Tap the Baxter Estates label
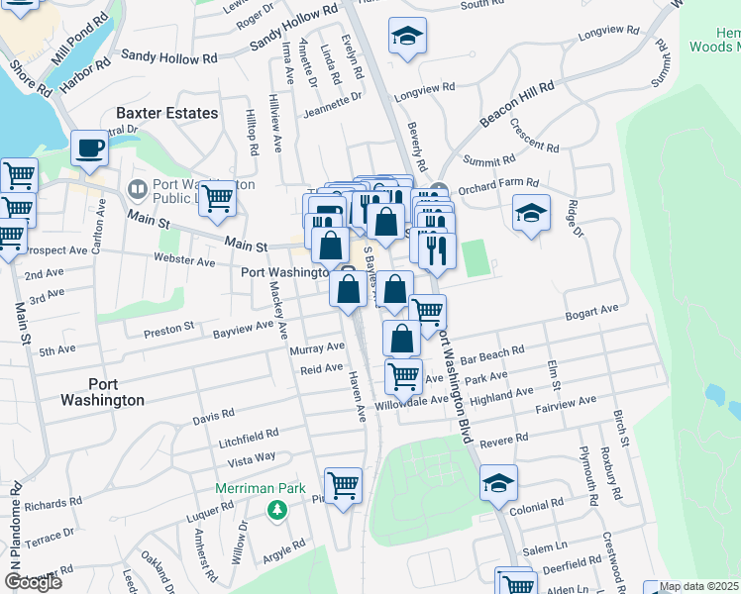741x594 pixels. (x=166, y=114)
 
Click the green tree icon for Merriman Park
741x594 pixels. (x=278, y=510)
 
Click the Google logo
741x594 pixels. (x=33, y=582)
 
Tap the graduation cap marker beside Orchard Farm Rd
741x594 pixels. (x=531, y=213)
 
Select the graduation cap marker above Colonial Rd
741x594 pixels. (x=498, y=483)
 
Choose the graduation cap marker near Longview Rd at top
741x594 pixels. (x=407, y=37)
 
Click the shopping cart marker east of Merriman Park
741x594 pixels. (x=343, y=486)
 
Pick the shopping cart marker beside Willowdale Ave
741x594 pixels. (x=403, y=376)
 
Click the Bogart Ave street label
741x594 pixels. (x=591, y=312)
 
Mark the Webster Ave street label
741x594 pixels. (x=184, y=262)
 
